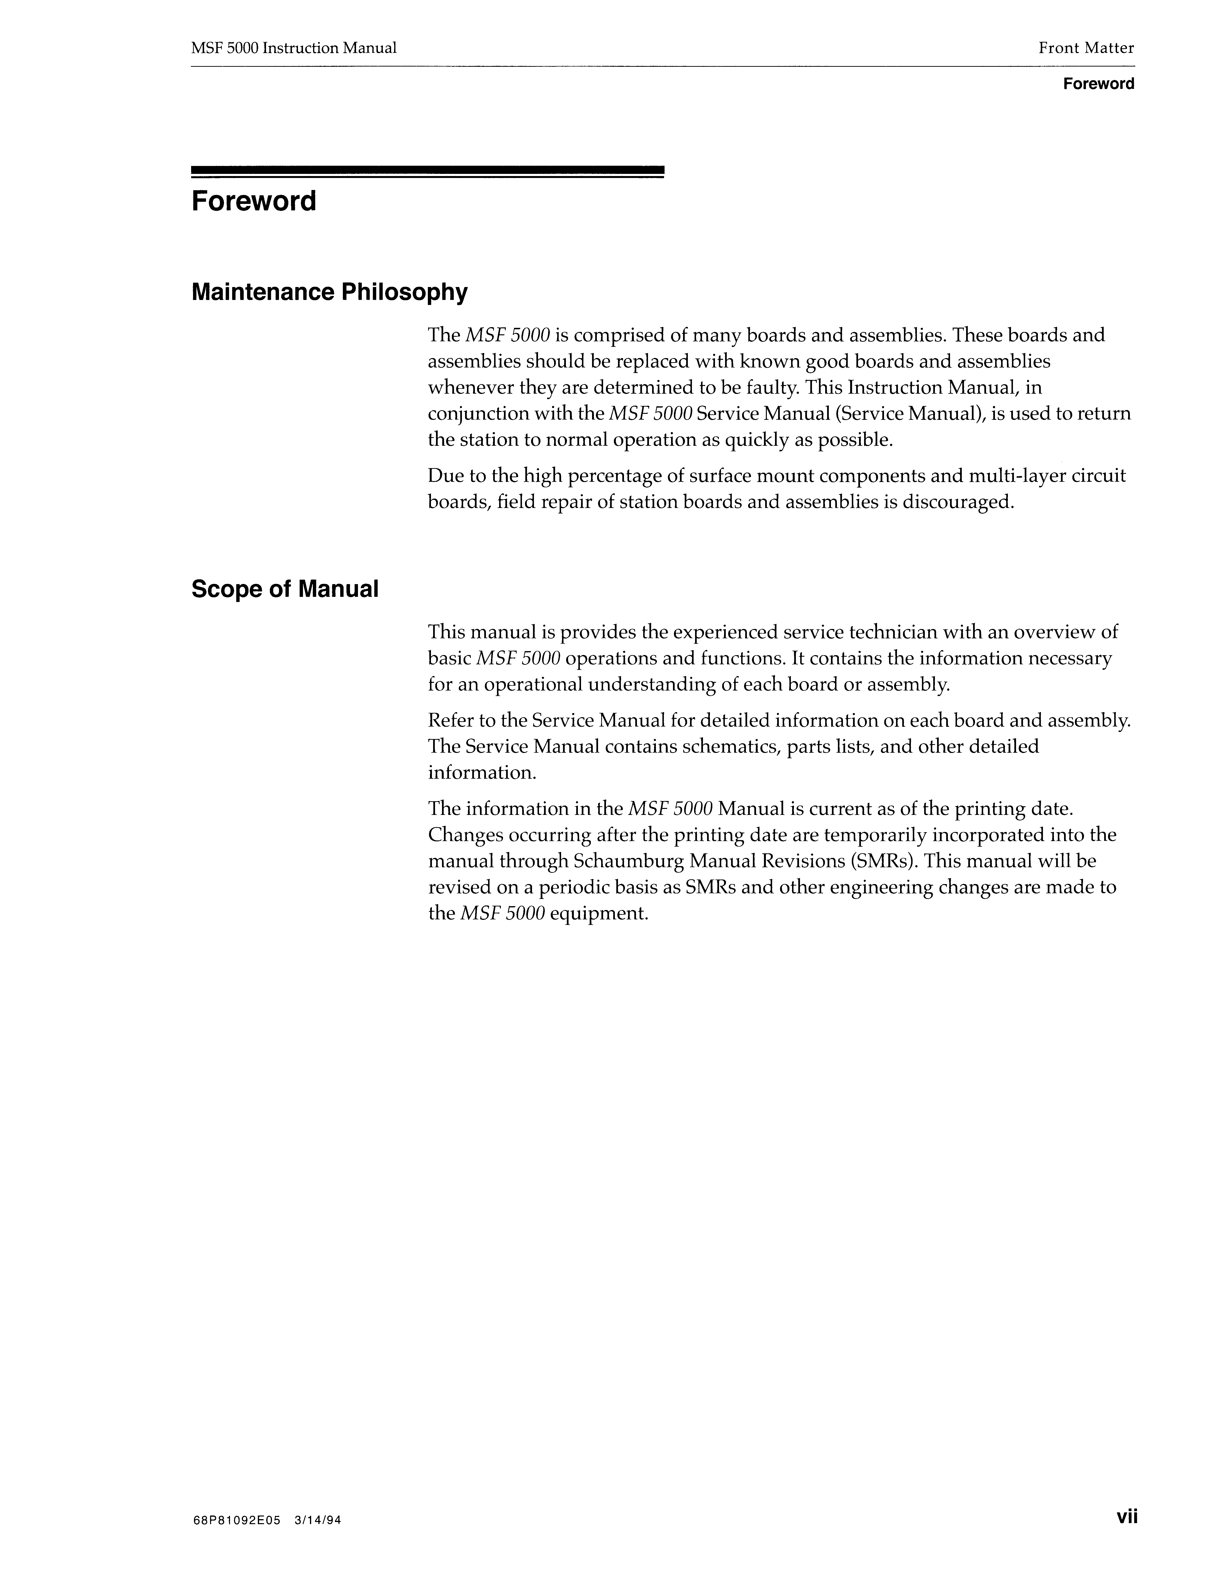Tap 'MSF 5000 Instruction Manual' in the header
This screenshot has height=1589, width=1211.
pyautogui.click(x=294, y=48)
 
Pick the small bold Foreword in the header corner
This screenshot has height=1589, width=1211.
pyautogui.click(x=1099, y=84)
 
